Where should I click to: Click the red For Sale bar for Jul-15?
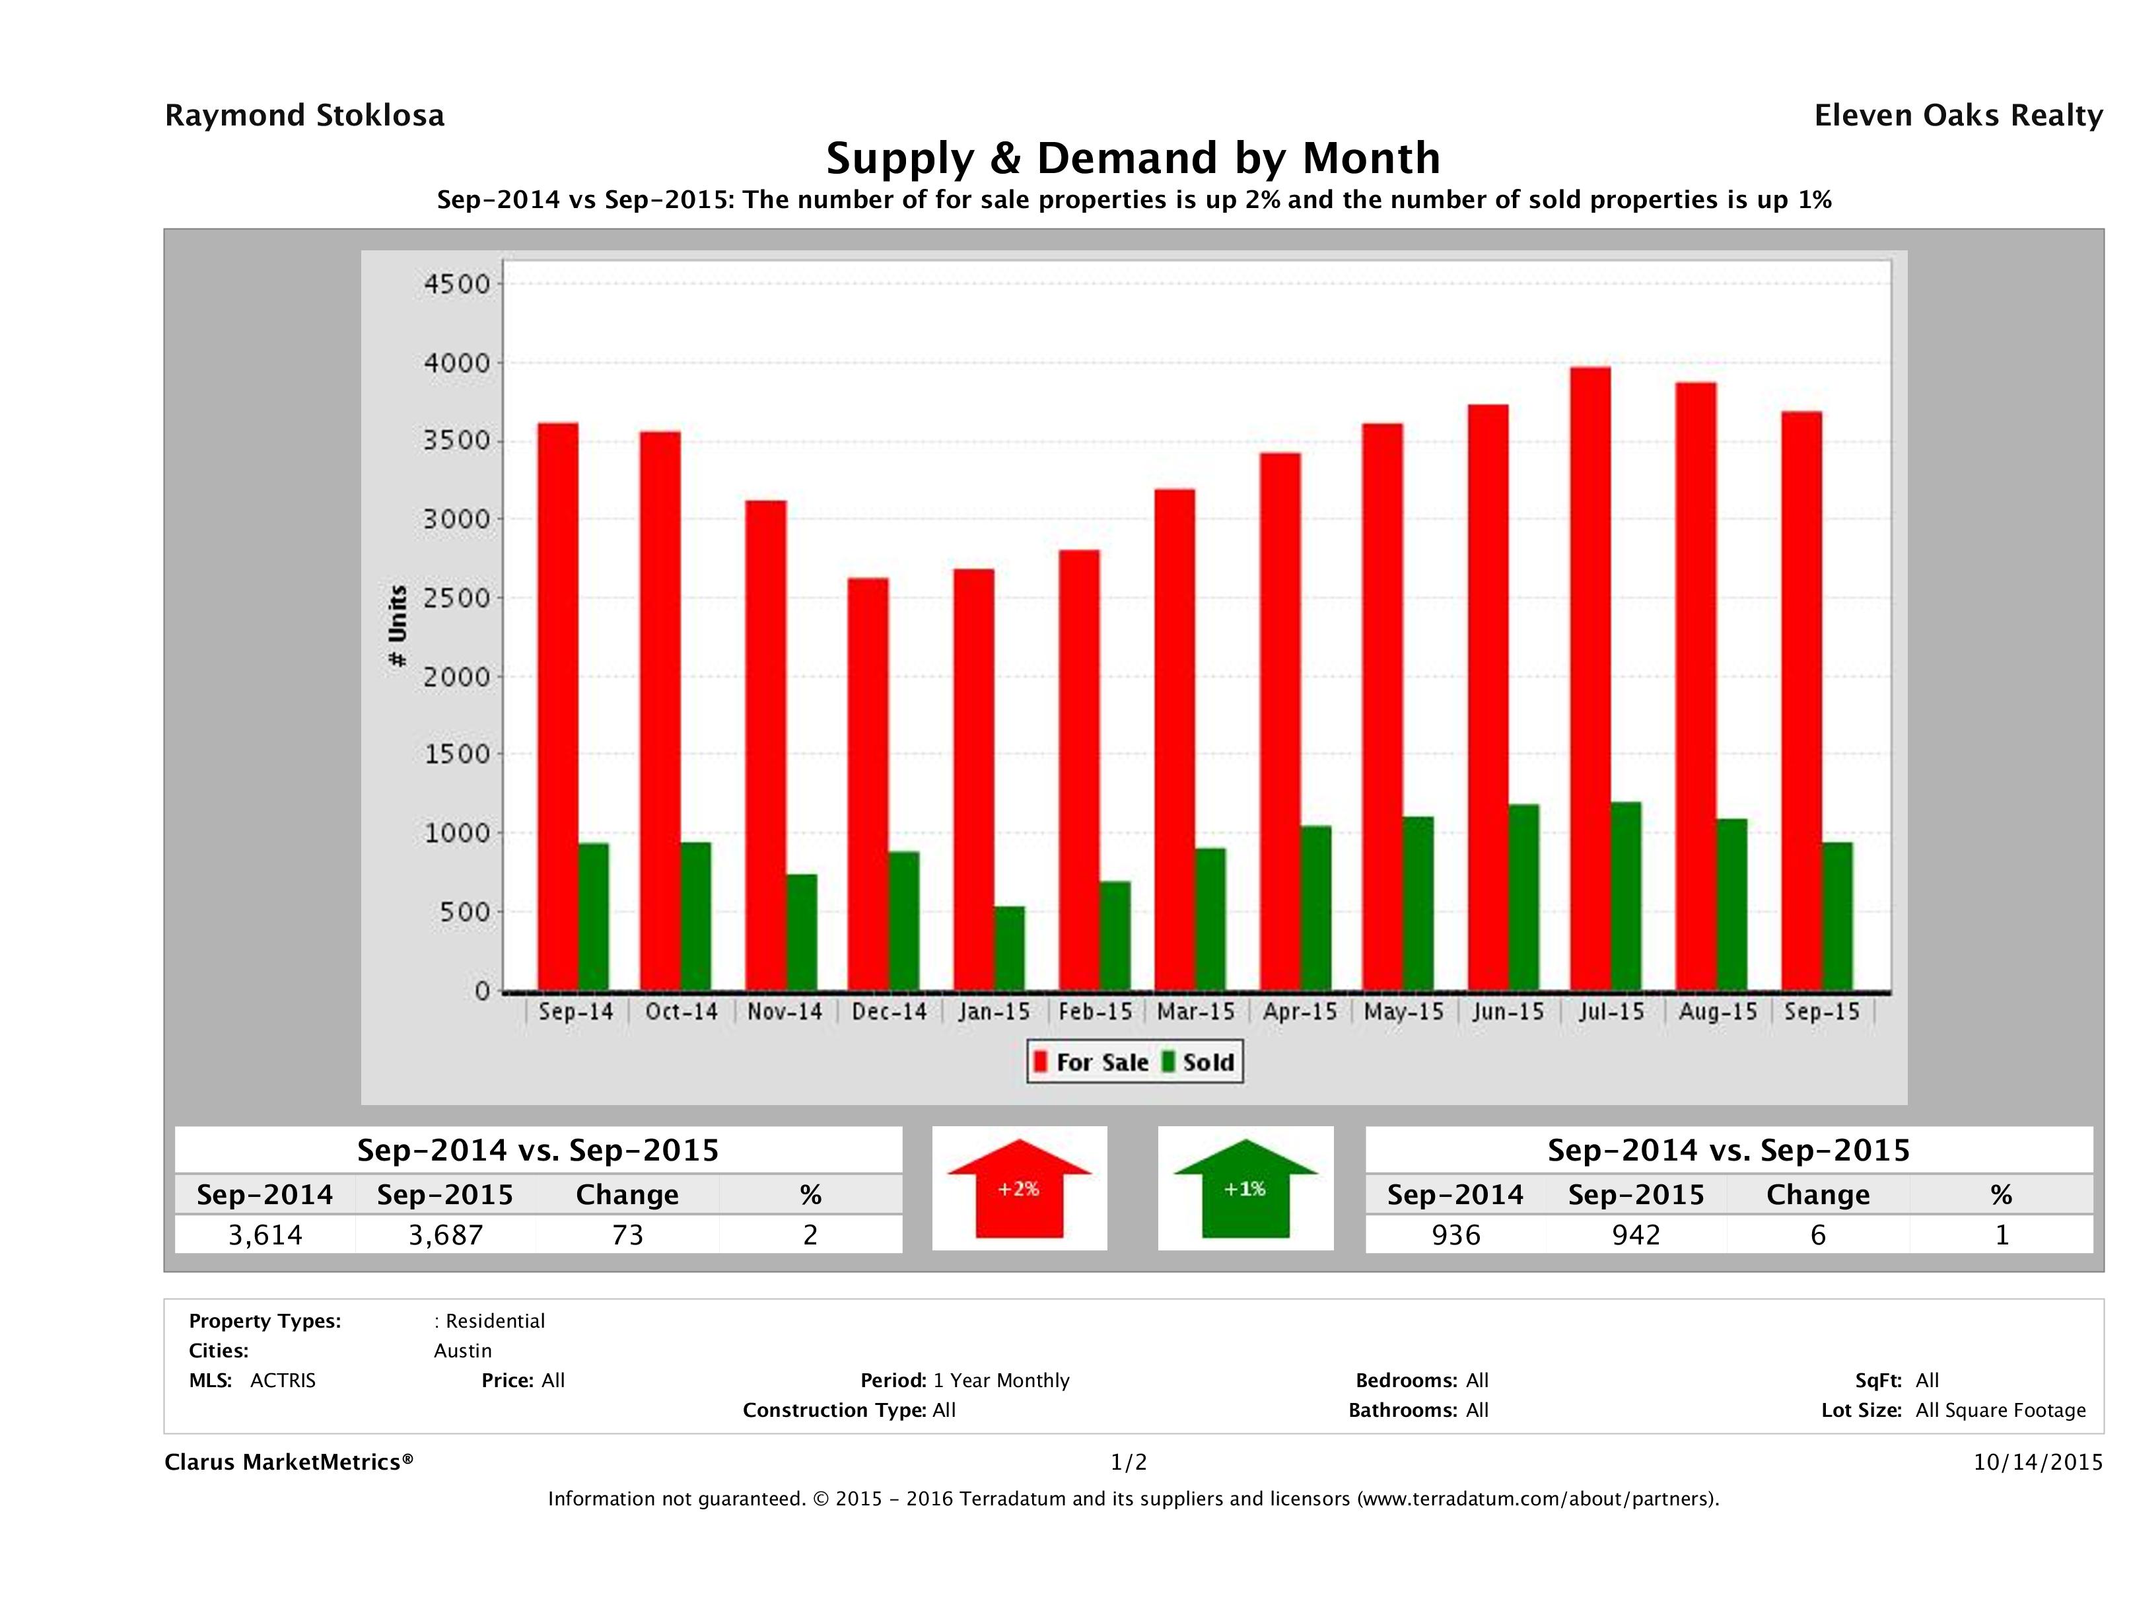tap(1590, 680)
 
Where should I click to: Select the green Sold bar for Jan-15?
tap(1010, 949)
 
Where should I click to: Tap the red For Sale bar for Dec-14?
tap(868, 785)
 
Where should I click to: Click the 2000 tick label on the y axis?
tap(457, 676)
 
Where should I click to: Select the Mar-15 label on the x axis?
tap(1195, 1012)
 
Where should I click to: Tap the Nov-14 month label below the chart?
tap(785, 1012)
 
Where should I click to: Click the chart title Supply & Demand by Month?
tap(1133, 158)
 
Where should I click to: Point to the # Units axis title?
tap(397, 626)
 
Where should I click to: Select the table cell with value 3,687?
tap(445, 1235)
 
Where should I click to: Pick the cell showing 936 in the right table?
tap(1455, 1235)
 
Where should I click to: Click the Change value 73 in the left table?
tap(627, 1235)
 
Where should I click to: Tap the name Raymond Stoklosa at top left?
tap(304, 116)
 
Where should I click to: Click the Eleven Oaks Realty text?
tap(1957, 116)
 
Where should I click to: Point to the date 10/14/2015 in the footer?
tap(2037, 1462)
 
